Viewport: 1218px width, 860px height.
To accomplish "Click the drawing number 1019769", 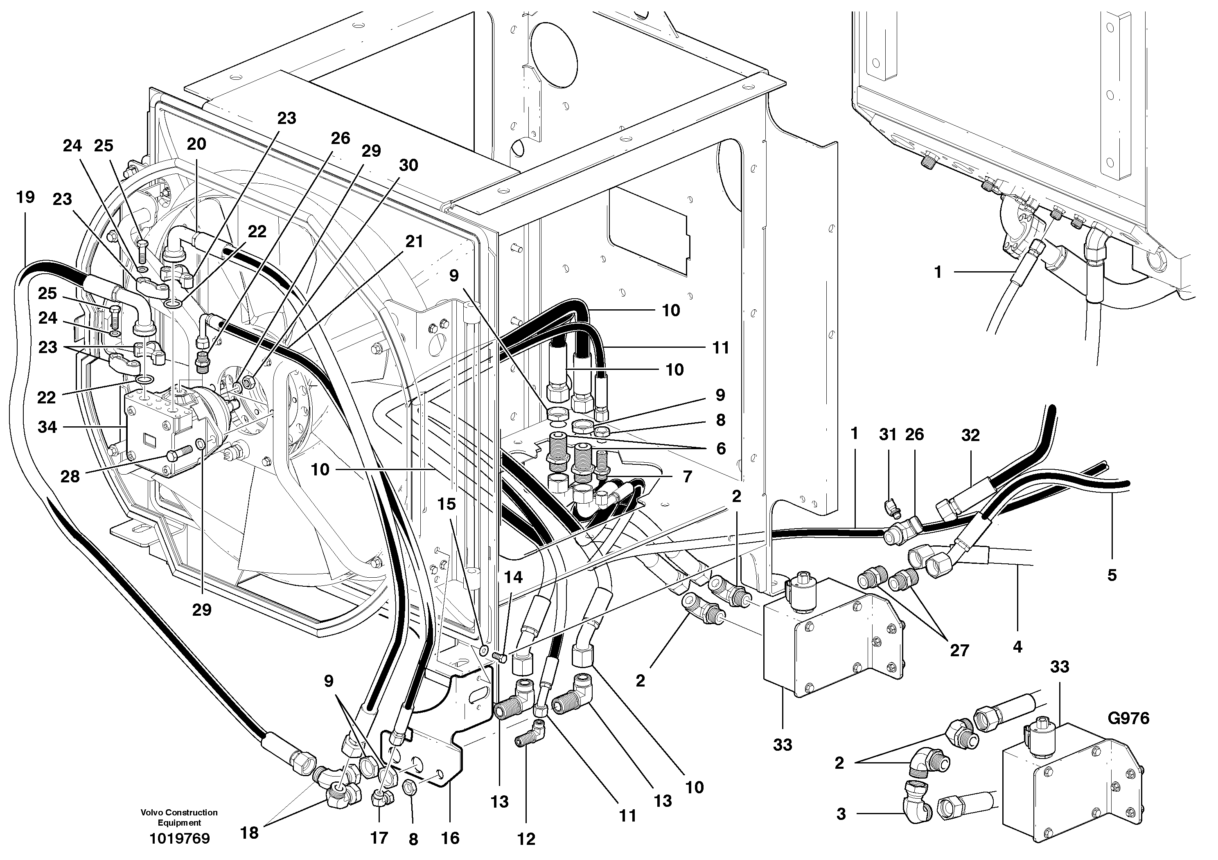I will pos(179,838).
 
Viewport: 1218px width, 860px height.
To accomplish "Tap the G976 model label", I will pos(1128,718).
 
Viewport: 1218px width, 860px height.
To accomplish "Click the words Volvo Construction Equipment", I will pos(179,817).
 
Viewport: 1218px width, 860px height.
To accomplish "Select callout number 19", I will pos(25,197).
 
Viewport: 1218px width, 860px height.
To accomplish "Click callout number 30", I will pos(408,165).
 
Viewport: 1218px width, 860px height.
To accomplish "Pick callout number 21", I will pos(414,241).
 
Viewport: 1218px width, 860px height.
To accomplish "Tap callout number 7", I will pos(687,477).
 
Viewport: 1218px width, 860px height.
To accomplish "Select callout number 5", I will pos(1112,575).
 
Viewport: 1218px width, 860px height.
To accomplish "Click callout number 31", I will pos(887,435).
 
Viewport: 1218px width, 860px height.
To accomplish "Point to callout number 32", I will pos(970,435).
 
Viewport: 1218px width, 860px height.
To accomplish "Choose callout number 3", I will pos(841,813).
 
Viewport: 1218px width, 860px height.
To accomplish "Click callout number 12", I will pos(526,839).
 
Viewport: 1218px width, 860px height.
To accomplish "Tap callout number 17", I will pos(379,838).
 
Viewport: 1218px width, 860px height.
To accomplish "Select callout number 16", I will pos(450,838).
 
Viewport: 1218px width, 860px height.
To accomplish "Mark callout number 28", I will pos(70,476).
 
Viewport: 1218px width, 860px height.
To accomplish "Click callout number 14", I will pos(513,577).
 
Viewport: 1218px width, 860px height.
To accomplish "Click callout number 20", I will pos(196,144).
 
